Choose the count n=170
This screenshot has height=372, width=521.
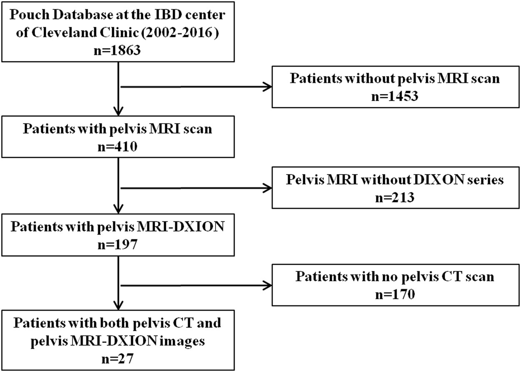[395, 295]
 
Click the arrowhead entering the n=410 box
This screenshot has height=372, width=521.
[119, 111]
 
